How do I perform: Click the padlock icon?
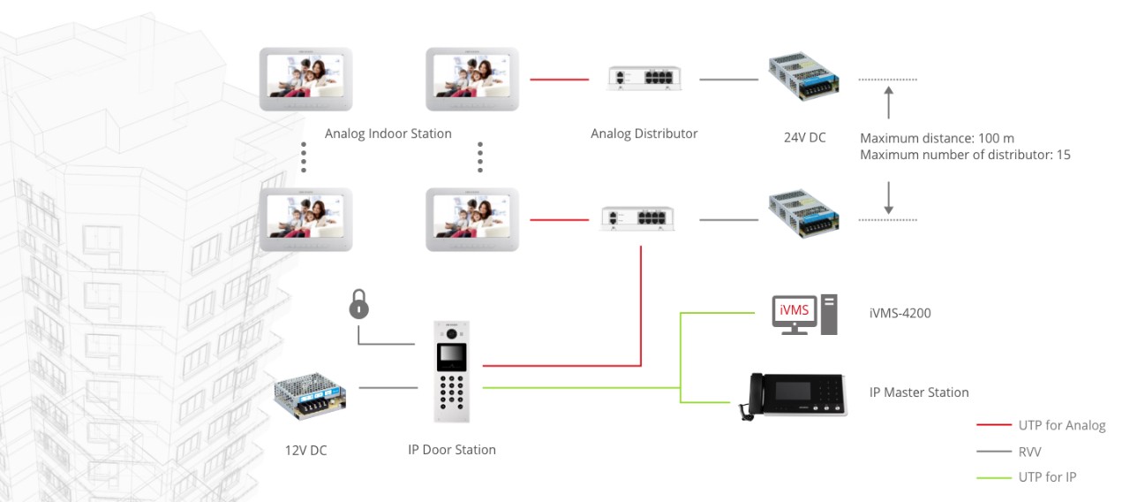(x=358, y=306)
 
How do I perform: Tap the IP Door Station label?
(x=451, y=450)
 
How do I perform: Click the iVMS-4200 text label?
(x=900, y=313)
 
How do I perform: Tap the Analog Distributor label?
(x=644, y=134)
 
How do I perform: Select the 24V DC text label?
(x=804, y=137)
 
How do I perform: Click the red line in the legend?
(x=993, y=425)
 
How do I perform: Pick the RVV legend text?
(x=1029, y=452)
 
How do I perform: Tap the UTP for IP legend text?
(x=1047, y=477)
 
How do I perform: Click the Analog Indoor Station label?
(x=388, y=134)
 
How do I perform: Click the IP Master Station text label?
(x=919, y=392)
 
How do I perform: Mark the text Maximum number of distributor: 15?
(x=965, y=155)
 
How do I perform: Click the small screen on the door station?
(x=451, y=355)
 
